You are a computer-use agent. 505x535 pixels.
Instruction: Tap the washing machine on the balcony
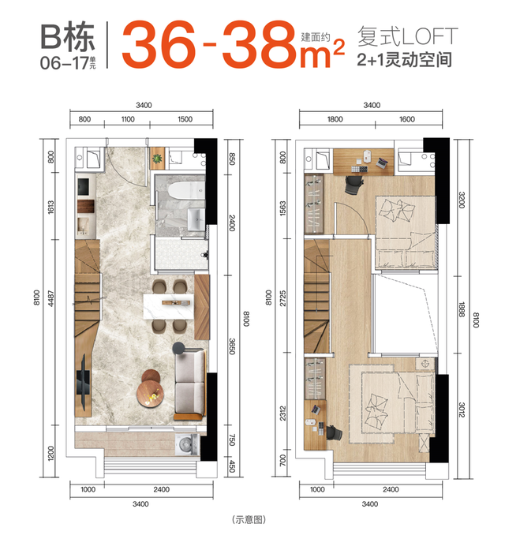[186, 444]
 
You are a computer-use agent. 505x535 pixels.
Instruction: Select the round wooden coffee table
[151, 393]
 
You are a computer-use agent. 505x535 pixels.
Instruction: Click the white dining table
[169, 306]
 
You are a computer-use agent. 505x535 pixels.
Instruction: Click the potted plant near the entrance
[157, 159]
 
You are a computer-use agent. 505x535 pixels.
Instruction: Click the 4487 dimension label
[50, 298]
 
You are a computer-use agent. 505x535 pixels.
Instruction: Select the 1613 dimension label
[50, 208]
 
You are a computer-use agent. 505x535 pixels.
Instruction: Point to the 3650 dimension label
[232, 346]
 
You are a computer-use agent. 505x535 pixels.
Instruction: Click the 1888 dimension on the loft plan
[462, 309]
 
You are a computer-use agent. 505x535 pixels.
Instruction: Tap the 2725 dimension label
[282, 298]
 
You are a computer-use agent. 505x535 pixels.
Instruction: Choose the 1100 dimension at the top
[128, 119]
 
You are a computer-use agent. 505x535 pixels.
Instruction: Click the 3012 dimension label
[462, 410]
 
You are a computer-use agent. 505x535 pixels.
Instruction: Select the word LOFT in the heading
[429, 36]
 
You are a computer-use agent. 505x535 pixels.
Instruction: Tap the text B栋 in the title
[67, 37]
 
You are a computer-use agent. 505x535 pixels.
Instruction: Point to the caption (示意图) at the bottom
[249, 519]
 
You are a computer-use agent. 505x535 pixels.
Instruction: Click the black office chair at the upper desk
[353, 185]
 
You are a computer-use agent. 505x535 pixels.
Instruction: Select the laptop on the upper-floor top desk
[384, 163]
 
